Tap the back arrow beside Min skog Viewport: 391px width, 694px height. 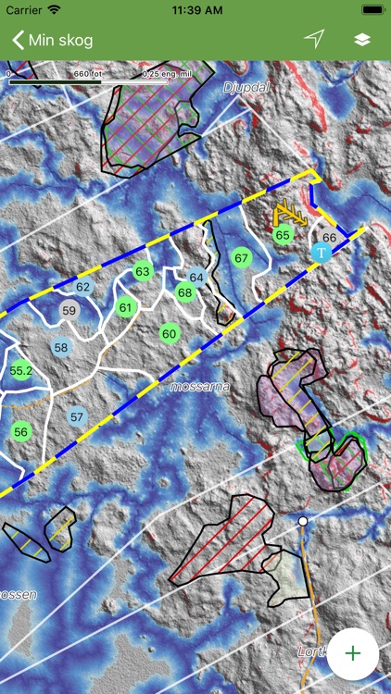point(18,40)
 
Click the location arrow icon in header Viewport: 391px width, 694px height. point(316,39)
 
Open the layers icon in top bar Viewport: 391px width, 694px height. point(362,40)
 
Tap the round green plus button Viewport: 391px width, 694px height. point(353,653)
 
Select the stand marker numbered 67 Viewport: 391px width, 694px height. point(242,257)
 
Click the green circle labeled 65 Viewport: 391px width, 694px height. point(284,235)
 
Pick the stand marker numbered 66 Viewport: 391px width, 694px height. point(330,238)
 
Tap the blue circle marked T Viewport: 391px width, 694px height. point(322,252)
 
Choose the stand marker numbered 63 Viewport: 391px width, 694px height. point(142,272)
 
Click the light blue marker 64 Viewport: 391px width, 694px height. point(196,277)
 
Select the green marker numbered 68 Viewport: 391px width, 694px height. point(185,292)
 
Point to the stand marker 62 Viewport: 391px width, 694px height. point(83,287)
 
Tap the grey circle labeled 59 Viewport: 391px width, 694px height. point(69,311)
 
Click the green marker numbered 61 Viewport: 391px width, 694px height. point(126,307)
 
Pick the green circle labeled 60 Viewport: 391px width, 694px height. point(169,333)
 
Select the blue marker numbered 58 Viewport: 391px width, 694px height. point(61,348)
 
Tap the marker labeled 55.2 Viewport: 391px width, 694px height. point(21,370)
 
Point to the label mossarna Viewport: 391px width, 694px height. point(199,386)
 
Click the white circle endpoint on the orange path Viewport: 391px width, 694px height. point(302,522)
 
